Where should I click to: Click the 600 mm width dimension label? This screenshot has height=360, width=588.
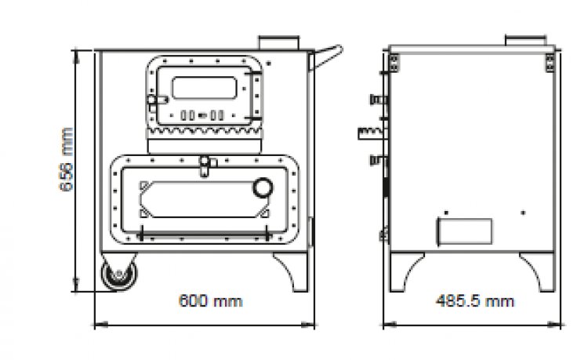pyautogui.click(x=211, y=300)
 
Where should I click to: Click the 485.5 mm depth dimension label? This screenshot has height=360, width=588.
pyautogui.click(x=475, y=300)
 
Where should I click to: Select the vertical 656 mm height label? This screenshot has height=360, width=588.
pyautogui.click(x=67, y=159)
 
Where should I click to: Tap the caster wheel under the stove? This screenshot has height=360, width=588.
pyautogui.click(x=119, y=275)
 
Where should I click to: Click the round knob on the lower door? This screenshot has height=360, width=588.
pyautogui.click(x=263, y=187)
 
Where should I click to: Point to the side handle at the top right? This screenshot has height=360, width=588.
pyautogui.click(x=325, y=57)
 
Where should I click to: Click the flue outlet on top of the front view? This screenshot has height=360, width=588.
pyautogui.click(x=278, y=42)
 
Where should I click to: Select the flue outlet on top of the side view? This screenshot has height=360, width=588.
pyautogui.click(x=526, y=40)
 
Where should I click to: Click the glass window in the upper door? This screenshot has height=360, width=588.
pyautogui.click(x=205, y=88)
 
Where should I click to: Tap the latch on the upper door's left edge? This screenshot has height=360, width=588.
pyautogui.click(x=156, y=100)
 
